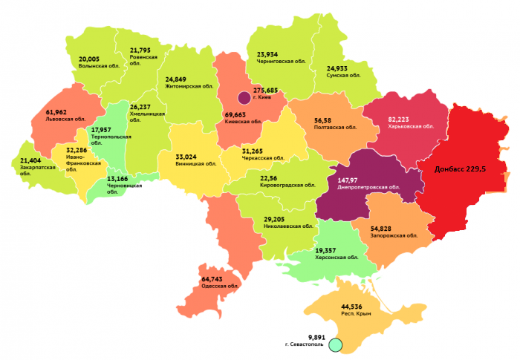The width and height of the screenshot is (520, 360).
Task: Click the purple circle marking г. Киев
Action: (x=244, y=97)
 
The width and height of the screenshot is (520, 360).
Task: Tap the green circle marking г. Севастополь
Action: (x=335, y=344)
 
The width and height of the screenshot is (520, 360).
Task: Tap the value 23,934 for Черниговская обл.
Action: (x=272, y=54)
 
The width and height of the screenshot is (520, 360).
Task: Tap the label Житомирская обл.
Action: (x=190, y=86)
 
